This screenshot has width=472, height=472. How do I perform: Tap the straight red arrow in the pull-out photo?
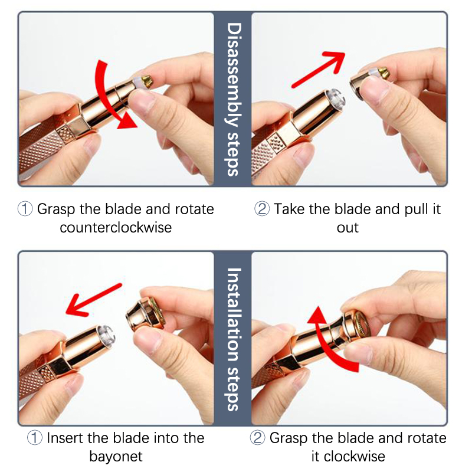(x=319, y=69)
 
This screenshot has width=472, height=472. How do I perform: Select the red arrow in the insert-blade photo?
(x=94, y=300)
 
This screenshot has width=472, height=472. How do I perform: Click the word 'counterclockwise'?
(x=116, y=228)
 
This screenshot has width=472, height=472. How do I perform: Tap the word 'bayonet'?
(x=116, y=457)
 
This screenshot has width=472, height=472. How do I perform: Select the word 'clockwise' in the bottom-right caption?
(x=355, y=456)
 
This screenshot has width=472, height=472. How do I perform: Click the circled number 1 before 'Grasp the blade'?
(x=25, y=209)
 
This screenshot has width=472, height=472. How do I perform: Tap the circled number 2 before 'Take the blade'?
(x=262, y=209)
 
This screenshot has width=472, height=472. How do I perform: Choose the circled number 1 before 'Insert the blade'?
(x=35, y=438)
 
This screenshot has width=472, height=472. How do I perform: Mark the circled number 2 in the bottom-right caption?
(x=258, y=438)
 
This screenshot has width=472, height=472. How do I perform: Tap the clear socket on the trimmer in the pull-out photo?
(x=336, y=99)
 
